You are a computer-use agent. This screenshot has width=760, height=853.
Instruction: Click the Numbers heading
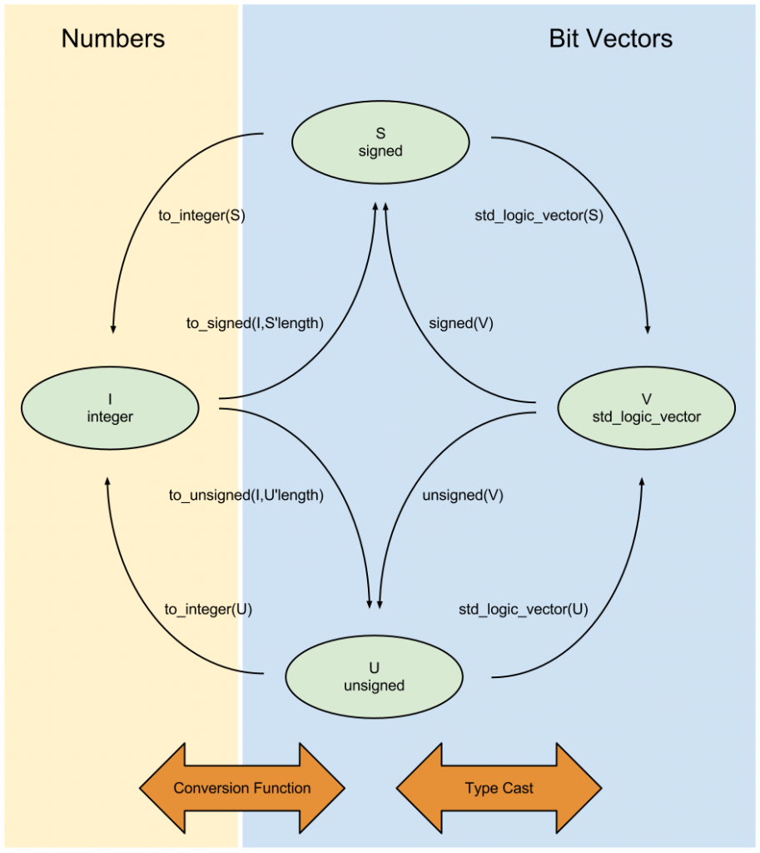(x=113, y=38)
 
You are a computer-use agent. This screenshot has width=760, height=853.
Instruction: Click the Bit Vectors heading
(x=610, y=38)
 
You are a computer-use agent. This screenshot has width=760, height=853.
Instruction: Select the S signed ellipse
(x=380, y=142)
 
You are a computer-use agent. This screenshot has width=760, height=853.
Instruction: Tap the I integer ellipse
(x=110, y=408)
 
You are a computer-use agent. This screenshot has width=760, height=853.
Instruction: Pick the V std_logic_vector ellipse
(x=646, y=408)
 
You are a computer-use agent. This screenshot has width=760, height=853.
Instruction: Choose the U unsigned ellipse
(x=374, y=677)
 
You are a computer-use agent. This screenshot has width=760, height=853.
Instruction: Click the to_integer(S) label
(x=201, y=214)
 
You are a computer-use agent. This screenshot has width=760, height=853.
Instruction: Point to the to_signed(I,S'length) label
(x=255, y=323)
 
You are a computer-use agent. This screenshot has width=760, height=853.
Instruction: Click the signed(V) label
(x=460, y=323)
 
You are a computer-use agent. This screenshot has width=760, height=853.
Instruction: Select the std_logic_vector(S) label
(x=538, y=214)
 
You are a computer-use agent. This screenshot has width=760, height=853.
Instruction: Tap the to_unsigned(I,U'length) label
(x=246, y=495)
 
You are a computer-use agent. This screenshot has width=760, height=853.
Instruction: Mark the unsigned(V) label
(x=463, y=495)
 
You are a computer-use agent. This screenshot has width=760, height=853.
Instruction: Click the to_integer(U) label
(x=208, y=609)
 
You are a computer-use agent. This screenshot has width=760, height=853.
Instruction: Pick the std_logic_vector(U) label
(x=523, y=609)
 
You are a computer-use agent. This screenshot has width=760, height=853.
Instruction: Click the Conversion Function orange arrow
(x=241, y=788)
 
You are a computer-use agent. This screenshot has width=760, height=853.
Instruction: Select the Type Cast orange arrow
(x=499, y=788)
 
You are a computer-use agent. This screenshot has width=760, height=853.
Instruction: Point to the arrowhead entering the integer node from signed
(x=112, y=328)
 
